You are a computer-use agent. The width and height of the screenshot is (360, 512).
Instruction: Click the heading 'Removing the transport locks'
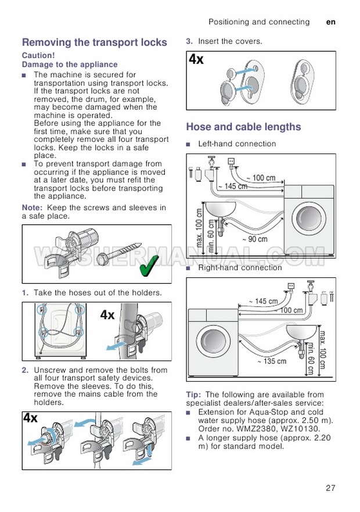[94, 42]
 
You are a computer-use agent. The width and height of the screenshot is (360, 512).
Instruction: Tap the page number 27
[330, 488]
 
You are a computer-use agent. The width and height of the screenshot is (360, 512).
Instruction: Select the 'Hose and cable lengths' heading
[243, 127]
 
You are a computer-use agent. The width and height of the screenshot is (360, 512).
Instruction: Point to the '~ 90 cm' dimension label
[255, 239]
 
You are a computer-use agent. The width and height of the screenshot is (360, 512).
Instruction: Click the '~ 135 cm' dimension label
[272, 361]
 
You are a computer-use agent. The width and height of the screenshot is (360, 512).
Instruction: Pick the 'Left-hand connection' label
[237, 144]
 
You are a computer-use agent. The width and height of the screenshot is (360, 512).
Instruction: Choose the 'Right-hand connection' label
[240, 268]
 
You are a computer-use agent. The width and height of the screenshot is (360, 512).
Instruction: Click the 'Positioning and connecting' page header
[259, 22]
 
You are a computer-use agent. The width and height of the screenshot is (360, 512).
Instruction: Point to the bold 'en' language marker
[331, 22]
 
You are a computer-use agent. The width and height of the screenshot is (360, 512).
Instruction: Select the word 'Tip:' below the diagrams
[195, 395]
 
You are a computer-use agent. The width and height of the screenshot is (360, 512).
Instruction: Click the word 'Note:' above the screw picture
[32, 207]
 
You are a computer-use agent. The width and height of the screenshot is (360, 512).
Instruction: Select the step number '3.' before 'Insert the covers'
[189, 41]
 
